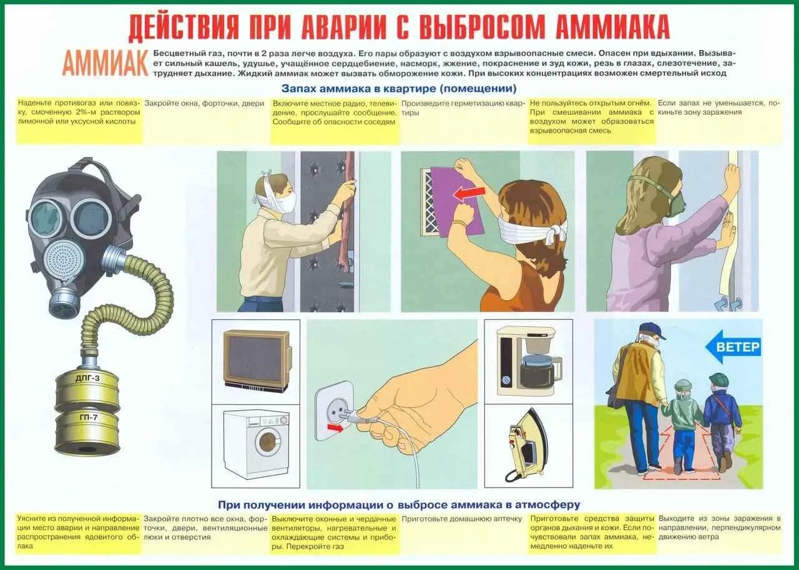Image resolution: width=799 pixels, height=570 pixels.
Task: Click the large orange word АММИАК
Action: (105, 62)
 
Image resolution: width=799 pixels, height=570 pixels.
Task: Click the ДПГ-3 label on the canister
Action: (87, 379)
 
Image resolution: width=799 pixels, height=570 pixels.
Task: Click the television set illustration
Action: (257, 360)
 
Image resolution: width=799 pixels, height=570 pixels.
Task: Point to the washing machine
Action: (257, 443)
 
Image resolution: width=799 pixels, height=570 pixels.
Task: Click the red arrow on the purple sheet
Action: (469, 194)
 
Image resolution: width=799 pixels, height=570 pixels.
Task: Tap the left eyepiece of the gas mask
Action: (46, 218)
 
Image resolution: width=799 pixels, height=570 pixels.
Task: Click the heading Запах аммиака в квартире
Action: (399, 89)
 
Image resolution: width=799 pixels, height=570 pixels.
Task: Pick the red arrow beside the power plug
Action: (336, 428)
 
